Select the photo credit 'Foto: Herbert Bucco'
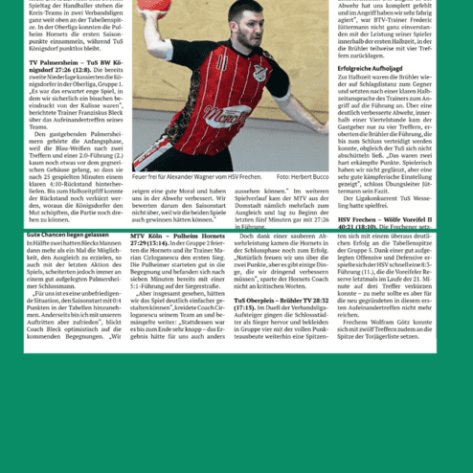[304, 177]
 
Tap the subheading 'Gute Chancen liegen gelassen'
[68, 234]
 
